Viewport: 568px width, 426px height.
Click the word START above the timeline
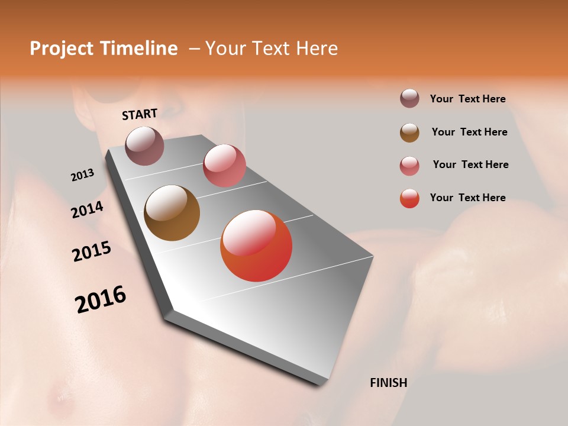[x=140, y=114]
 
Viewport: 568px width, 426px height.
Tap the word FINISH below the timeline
[x=389, y=382]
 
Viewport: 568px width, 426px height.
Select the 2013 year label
[x=83, y=175]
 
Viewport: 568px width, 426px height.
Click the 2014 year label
[x=87, y=209]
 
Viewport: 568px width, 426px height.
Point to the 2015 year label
[x=92, y=251]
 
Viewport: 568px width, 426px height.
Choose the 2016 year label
[x=101, y=299]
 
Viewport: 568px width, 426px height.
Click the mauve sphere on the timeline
[x=145, y=146]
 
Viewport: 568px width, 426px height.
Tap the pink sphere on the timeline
[x=224, y=166]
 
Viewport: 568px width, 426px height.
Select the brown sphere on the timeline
[x=172, y=213]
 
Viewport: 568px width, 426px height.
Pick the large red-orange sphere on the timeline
[x=256, y=246]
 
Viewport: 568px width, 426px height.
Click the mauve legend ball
[x=409, y=99]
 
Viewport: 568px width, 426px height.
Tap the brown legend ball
[x=409, y=132]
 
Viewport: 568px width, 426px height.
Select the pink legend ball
[x=409, y=165]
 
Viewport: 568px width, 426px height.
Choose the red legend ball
[x=409, y=198]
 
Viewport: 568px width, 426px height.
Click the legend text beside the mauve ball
[x=467, y=99]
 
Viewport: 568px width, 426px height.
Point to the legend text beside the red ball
[x=467, y=198]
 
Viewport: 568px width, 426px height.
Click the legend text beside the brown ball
[x=469, y=132]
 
